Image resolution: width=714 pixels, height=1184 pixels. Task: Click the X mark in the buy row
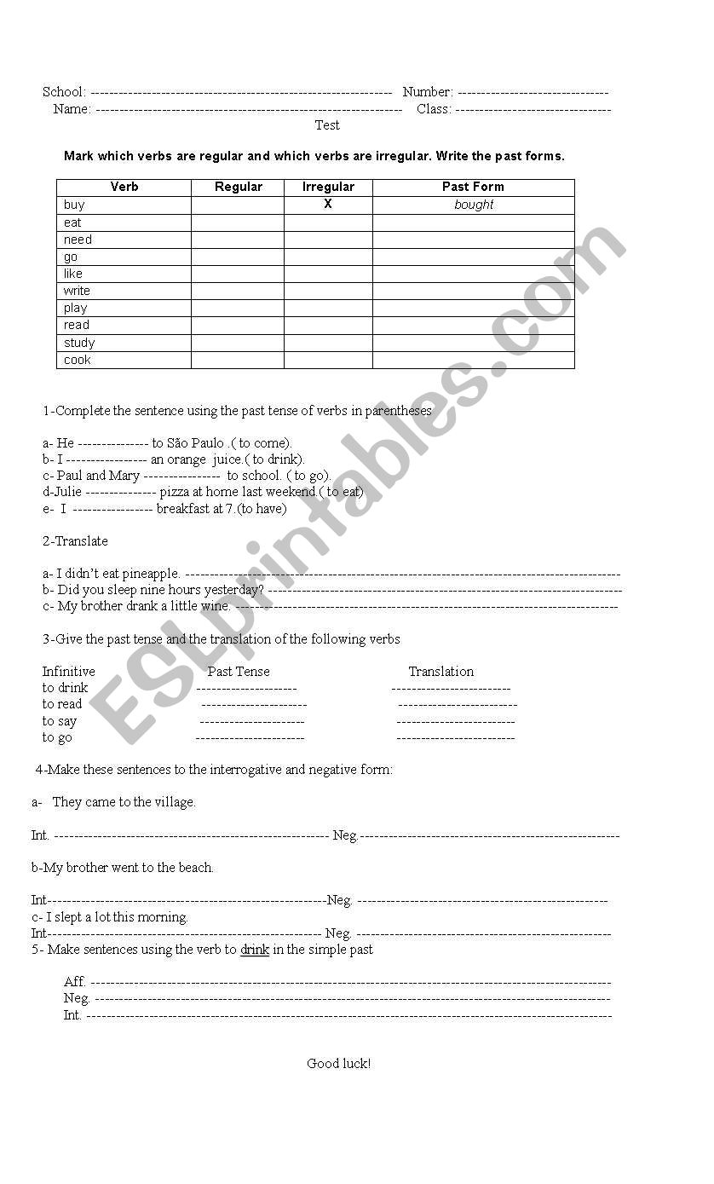pos(328,205)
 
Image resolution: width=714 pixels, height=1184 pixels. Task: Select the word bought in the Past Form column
pos(474,205)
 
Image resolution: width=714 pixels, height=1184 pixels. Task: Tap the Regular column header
pos(239,187)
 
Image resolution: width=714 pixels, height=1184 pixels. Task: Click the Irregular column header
pos(328,187)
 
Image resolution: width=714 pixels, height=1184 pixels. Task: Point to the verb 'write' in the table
pos(77,291)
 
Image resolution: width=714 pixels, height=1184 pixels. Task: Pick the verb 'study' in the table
pos(79,343)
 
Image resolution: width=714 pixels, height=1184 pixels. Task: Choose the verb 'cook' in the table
pos(77,360)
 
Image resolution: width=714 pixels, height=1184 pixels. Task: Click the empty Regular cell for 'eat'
pos(238,222)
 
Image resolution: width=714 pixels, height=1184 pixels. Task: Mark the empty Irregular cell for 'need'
pos(328,240)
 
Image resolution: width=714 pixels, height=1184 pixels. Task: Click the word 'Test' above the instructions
pos(327,125)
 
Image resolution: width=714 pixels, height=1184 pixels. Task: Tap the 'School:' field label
pos(64,92)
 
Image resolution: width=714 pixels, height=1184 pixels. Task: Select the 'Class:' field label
pos(434,109)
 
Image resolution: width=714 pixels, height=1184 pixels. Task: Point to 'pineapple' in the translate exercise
pos(151,574)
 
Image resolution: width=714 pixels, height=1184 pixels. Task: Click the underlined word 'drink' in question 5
pos(255,950)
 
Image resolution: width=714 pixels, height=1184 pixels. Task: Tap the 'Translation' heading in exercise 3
pos(440,672)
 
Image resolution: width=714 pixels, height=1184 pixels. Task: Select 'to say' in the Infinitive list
pos(60,721)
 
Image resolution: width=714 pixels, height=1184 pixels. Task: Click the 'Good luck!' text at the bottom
pos(339,1064)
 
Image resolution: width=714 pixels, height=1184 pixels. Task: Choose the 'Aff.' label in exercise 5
pos(75,982)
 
